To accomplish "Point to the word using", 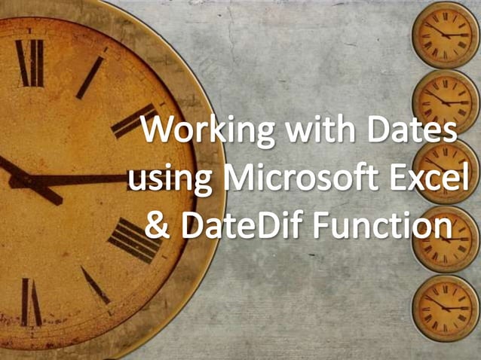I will [x=162, y=181].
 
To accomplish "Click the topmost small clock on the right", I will [x=446, y=35].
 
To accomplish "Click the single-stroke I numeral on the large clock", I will [x=90, y=77].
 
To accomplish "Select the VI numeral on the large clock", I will [x=32, y=301].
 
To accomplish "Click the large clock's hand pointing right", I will [x=90, y=180].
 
